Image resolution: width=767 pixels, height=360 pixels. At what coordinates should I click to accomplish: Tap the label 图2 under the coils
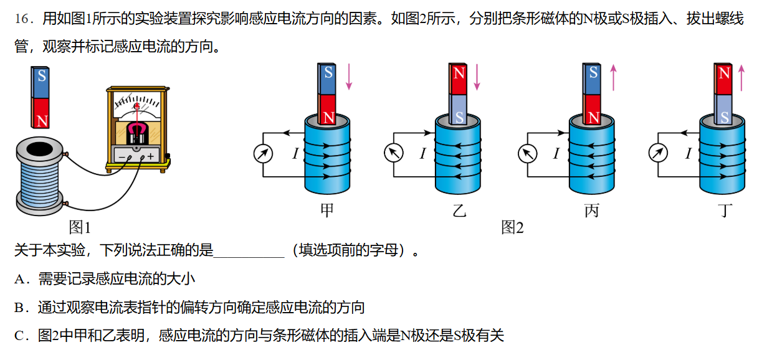[x=512, y=228]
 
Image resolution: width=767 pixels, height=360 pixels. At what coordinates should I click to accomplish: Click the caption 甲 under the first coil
[x=326, y=211]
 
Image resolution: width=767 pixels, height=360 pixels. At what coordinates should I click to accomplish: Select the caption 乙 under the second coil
[x=459, y=211]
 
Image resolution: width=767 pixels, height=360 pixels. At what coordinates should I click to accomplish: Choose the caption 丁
[x=725, y=211]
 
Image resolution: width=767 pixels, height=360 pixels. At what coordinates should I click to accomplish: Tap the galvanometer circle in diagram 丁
[x=658, y=152]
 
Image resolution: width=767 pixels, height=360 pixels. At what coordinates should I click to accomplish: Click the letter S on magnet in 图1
[x=42, y=76]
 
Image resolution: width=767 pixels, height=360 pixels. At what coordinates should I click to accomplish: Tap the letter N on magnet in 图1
[x=42, y=120]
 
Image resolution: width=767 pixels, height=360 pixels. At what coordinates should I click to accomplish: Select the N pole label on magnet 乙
[x=459, y=73]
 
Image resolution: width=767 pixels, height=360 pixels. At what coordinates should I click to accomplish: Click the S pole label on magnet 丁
[x=724, y=116]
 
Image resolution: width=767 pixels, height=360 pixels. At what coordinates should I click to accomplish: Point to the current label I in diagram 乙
[x=422, y=153]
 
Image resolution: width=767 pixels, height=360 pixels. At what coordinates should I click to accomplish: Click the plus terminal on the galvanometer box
[x=150, y=156]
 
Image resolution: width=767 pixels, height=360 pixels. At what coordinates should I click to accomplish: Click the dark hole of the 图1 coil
[x=41, y=149]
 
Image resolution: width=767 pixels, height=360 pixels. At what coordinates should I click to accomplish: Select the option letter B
[x=19, y=308]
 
